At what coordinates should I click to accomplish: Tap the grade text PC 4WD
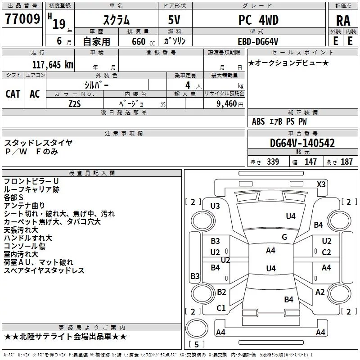258,20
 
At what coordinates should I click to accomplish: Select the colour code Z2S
75,103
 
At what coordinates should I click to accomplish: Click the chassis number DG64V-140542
302,143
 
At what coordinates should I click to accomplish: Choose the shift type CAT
13,94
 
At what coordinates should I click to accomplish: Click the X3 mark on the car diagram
321,184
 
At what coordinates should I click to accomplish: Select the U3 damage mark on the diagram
215,206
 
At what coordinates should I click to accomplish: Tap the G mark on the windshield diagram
284,237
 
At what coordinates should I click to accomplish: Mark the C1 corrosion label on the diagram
221,308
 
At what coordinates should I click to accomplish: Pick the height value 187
346,162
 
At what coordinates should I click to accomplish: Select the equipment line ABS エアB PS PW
279,121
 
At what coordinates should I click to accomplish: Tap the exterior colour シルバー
97,84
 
